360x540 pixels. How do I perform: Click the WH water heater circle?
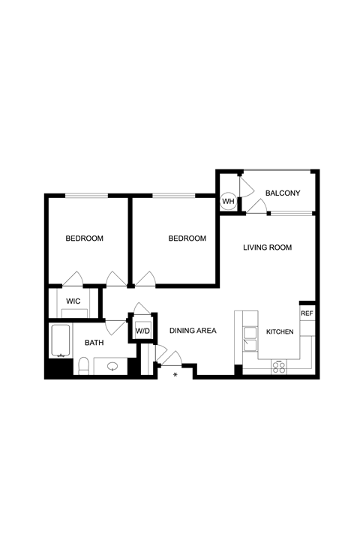point(228,201)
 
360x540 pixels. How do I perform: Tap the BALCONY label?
point(283,193)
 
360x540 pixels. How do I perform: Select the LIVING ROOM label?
point(267,247)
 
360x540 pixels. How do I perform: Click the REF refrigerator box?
point(307,313)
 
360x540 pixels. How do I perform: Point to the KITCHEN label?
point(280,331)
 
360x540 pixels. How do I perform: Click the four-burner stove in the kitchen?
point(279,367)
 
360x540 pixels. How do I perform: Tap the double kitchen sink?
point(250,339)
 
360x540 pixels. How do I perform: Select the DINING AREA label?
point(193,331)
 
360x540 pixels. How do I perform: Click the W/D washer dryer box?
point(142,331)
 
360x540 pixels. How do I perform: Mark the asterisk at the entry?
point(175,375)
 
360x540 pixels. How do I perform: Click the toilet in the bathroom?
point(83,366)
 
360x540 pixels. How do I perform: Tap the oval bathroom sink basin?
point(112,367)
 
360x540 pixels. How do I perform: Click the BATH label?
point(94,343)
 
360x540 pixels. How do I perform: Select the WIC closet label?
point(73,301)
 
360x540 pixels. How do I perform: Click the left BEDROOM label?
point(85,238)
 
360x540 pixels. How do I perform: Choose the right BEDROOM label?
point(187,238)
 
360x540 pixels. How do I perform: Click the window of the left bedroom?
point(86,196)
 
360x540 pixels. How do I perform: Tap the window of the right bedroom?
point(174,196)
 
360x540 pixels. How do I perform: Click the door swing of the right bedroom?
point(148,274)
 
